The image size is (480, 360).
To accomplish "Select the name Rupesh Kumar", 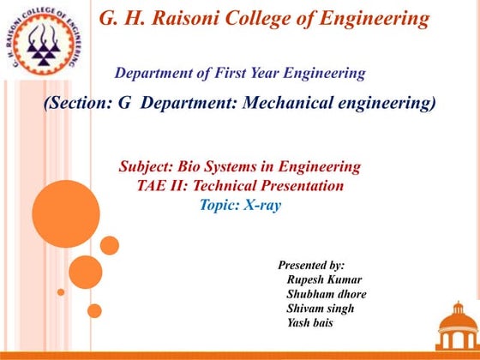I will click(324, 280).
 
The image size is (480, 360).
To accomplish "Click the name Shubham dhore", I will click(327, 294).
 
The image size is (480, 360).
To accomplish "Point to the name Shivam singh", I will click(321, 309).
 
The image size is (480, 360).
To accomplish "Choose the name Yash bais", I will click(310, 323).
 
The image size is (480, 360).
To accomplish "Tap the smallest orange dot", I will click(61, 291).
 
